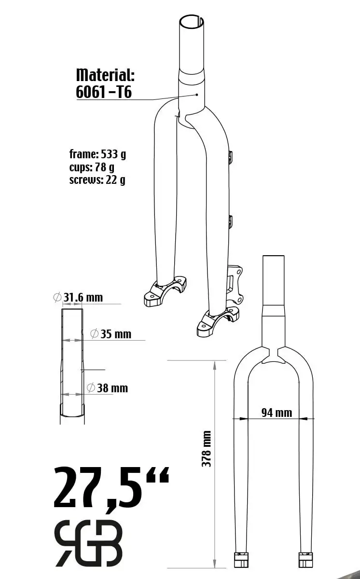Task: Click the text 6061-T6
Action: (104, 92)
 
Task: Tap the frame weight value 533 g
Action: (113, 154)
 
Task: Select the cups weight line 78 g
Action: (92, 167)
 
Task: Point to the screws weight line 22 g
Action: (97, 180)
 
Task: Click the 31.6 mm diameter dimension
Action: (78, 298)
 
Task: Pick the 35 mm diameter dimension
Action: (111, 334)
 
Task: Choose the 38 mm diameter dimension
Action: (107, 388)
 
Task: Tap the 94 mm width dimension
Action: (277, 413)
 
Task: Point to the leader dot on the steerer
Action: (197, 95)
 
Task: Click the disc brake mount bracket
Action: (235, 285)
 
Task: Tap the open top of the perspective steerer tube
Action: (192, 21)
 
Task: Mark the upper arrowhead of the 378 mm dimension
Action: (214, 365)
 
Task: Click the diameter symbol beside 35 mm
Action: (94, 334)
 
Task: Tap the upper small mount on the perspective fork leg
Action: (230, 157)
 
